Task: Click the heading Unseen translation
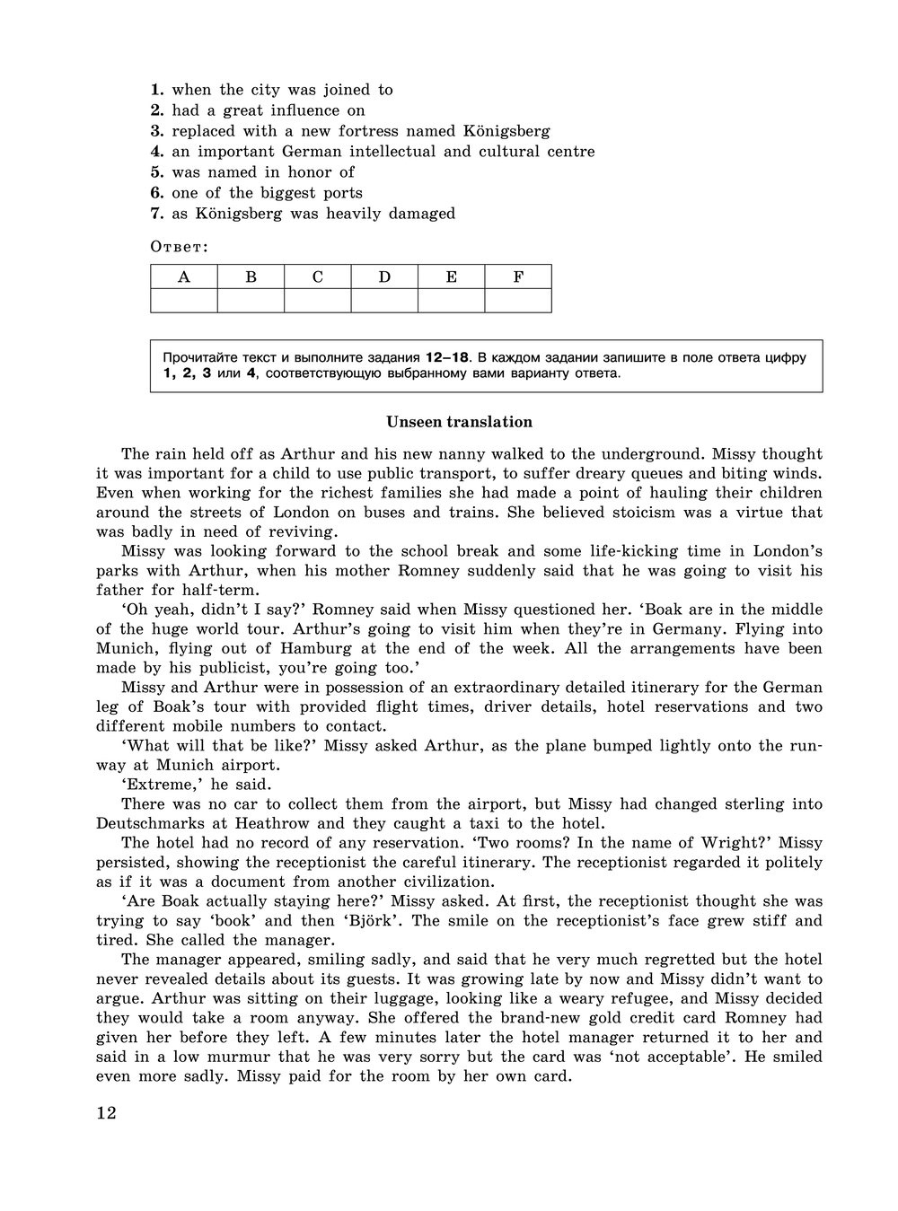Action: tap(459, 422)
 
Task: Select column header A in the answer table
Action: tap(184, 276)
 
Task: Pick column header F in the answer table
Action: tap(518, 276)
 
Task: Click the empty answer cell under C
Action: tap(318, 301)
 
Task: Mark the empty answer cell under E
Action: tap(452, 301)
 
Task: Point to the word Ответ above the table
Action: tap(178, 247)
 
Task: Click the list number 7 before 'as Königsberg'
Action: tap(156, 214)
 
